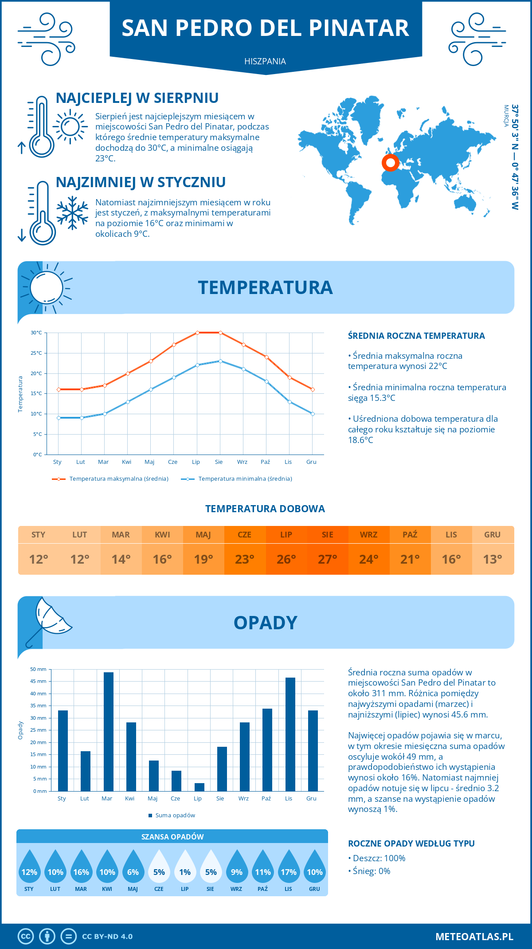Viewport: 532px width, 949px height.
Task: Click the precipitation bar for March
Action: click(x=108, y=732)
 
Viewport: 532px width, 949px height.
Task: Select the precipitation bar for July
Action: click(x=199, y=787)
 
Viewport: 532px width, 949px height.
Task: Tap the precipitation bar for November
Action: click(x=290, y=734)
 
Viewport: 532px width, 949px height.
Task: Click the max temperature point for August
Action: click(x=220, y=333)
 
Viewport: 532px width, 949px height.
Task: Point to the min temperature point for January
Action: click(x=59, y=418)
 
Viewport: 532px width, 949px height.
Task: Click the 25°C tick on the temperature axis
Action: click(x=36, y=353)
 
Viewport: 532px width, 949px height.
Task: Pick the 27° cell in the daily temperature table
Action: click(x=327, y=559)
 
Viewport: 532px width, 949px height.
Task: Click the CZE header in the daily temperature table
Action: click(x=245, y=534)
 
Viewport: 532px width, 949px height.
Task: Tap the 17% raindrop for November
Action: click(x=289, y=869)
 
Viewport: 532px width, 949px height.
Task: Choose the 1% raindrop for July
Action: click(x=185, y=869)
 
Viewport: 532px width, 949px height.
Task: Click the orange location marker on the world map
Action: click(x=391, y=163)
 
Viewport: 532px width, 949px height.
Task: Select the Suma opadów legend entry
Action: click(x=175, y=815)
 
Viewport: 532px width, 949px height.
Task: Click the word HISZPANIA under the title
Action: click(x=265, y=61)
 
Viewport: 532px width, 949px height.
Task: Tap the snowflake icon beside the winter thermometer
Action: click(x=72, y=213)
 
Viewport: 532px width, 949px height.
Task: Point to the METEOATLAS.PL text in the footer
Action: click(x=474, y=936)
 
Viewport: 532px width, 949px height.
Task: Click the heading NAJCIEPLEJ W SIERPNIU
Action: click(x=137, y=98)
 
